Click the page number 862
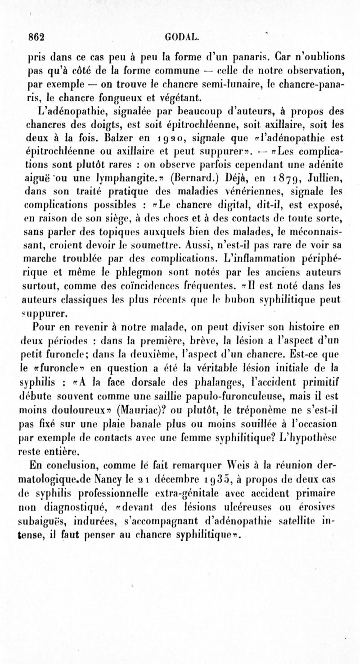(37, 37)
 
